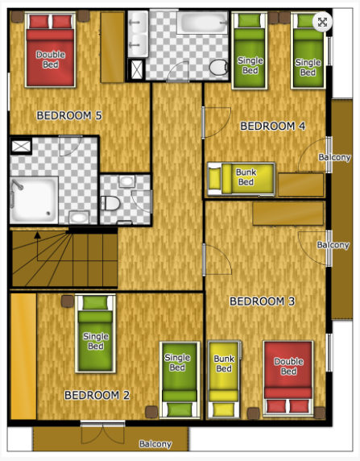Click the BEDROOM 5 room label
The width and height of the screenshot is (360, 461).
tap(69, 115)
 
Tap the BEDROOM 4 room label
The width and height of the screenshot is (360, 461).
tap(273, 126)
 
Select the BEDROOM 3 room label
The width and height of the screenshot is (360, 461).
tap(262, 301)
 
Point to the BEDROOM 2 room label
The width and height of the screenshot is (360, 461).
tap(97, 395)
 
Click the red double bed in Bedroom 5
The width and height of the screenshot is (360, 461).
tap(50, 50)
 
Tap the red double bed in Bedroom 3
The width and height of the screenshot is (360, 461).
tap(288, 378)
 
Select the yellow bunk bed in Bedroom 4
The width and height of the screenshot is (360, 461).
tap(242, 179)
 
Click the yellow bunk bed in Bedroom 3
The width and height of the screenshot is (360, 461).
tap(224, 380)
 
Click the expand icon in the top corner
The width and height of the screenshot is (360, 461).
tap(322, 22)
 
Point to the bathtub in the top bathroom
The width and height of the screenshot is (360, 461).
tap(202, 23)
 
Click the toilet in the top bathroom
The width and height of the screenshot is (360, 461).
tap(219, 68)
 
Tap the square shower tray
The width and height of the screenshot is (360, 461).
tap(34, 200)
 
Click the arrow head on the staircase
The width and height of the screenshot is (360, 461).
tap(37, 235)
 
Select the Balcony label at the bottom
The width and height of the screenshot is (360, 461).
tap(155, 444)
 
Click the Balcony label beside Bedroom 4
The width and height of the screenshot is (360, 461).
tap(335, 157)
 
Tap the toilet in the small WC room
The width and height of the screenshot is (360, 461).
tap(111, 203)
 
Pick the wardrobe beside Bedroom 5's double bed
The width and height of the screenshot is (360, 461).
tap(113, 47)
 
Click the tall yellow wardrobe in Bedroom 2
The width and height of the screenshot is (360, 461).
tap(23, 356)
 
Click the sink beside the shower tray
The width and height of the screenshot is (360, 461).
tap(79, 218)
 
